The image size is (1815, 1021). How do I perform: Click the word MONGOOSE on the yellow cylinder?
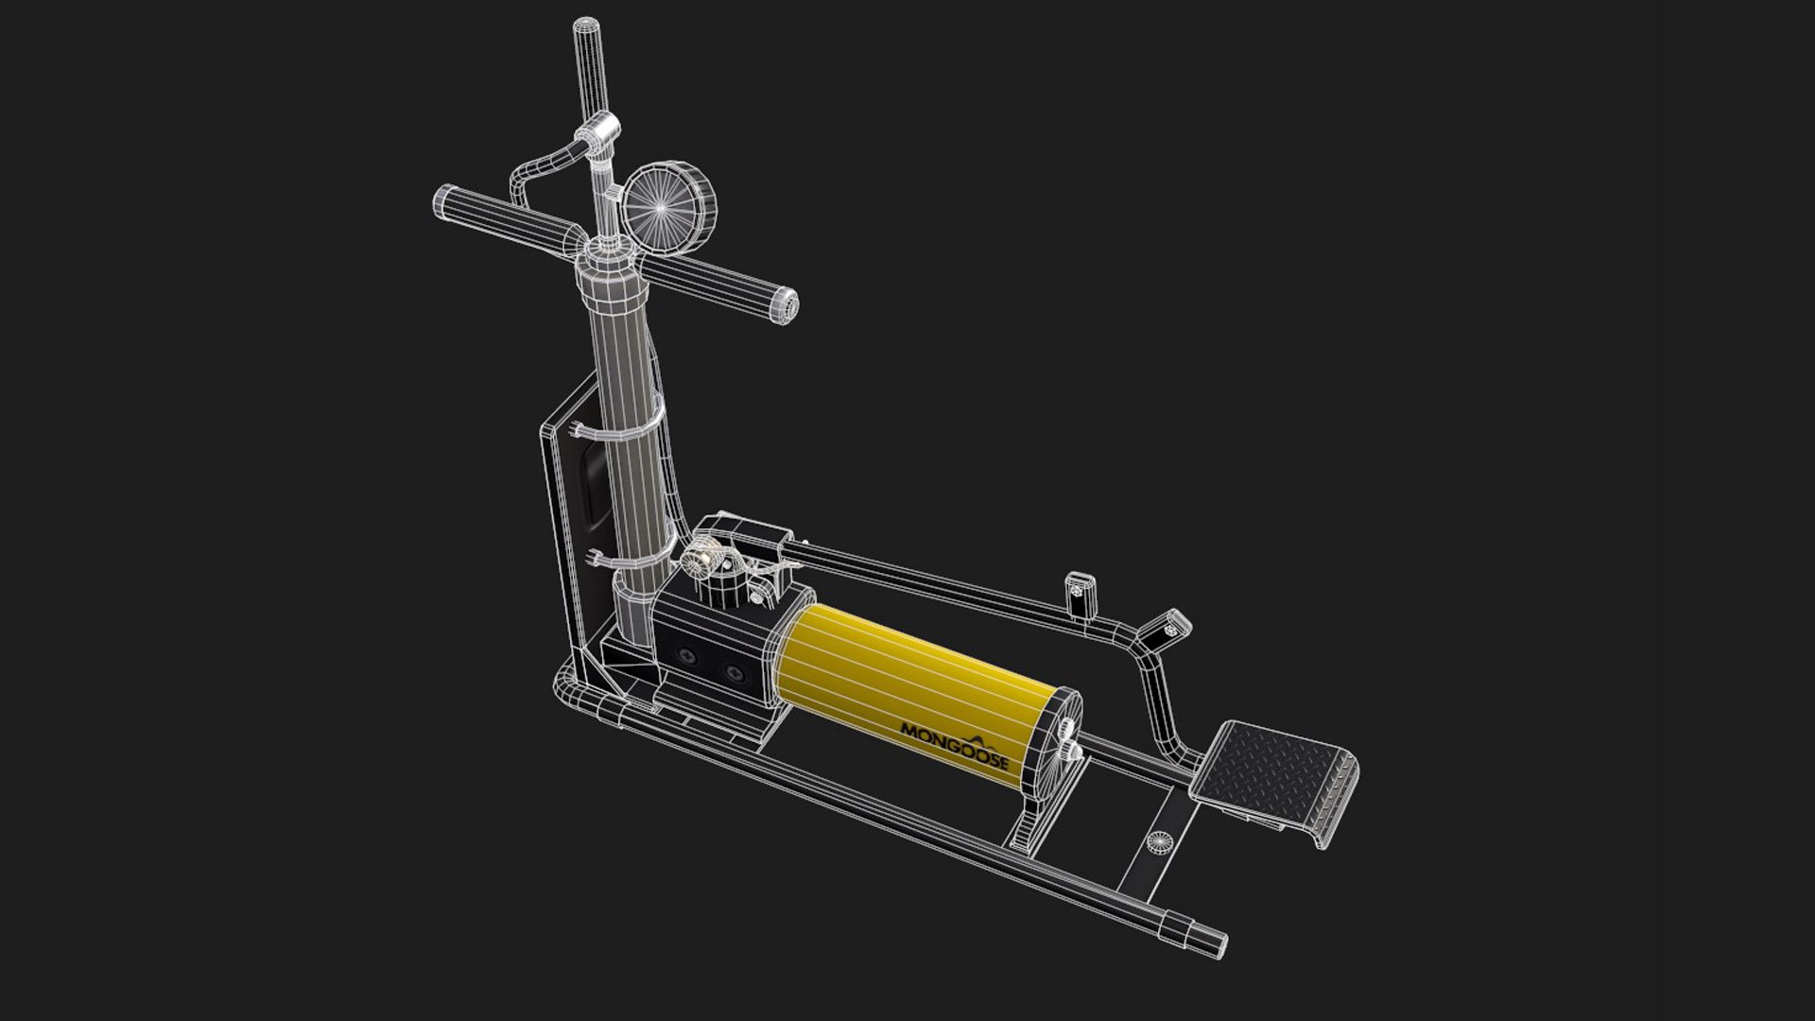(955, 747)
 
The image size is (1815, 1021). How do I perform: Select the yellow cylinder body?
(907, 681)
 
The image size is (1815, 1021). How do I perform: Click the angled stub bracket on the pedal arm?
(1168, 626)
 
